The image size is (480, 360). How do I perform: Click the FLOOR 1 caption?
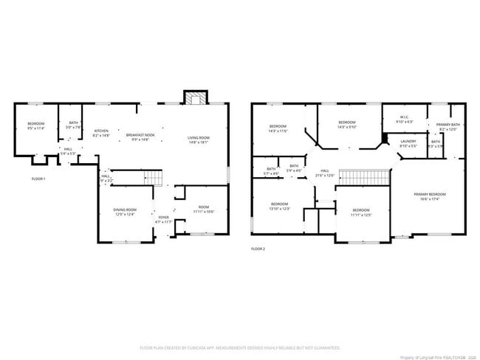[38, 179]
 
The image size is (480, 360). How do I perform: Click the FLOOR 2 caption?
[258, 249]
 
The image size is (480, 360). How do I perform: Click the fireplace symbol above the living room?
[196, 99]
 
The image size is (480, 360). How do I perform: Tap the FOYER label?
[163, 218]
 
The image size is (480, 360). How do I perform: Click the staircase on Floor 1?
[151, 178]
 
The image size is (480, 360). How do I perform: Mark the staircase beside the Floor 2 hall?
[363, 177]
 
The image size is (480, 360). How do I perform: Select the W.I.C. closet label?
[405, 118]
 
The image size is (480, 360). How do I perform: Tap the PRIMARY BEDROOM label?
[429, 195]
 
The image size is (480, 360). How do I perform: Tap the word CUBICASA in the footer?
[192, 347]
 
